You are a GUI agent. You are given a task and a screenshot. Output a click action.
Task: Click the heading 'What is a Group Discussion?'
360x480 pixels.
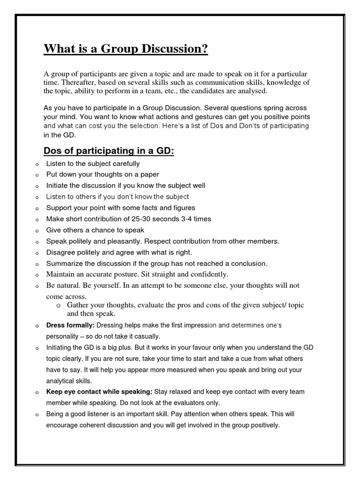pos(125,49)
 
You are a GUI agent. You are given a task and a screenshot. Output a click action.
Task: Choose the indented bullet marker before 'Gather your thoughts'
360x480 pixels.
pos(59,305)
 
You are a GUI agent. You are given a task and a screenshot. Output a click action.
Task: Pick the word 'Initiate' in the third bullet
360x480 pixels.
pos(58,186)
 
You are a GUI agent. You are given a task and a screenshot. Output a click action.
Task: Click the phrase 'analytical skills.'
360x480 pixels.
pos(69,381)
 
